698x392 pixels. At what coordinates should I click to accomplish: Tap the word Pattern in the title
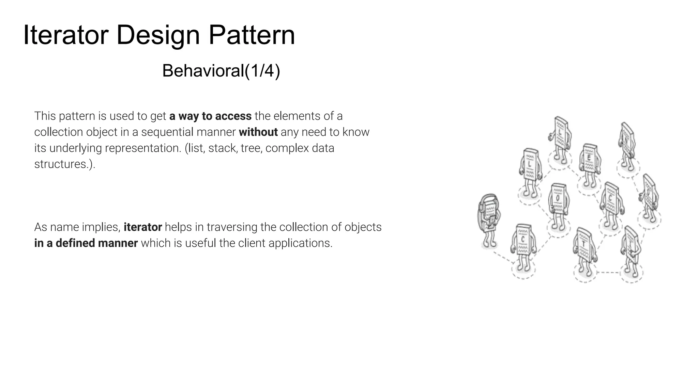[x=252, y=35]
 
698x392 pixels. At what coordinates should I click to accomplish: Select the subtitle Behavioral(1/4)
[x=221, y=71]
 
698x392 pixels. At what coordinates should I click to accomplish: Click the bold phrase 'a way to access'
[x=210, y=116]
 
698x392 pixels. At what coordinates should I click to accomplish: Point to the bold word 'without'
[x=258, y=132]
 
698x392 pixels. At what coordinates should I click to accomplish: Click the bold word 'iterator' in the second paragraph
[x=142, y=227]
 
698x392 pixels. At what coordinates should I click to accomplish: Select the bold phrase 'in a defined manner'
[x=86, y=243]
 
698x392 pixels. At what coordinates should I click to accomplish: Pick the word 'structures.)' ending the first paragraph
[x=64, y=164]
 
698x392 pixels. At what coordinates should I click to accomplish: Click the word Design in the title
[x=158, y=35]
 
